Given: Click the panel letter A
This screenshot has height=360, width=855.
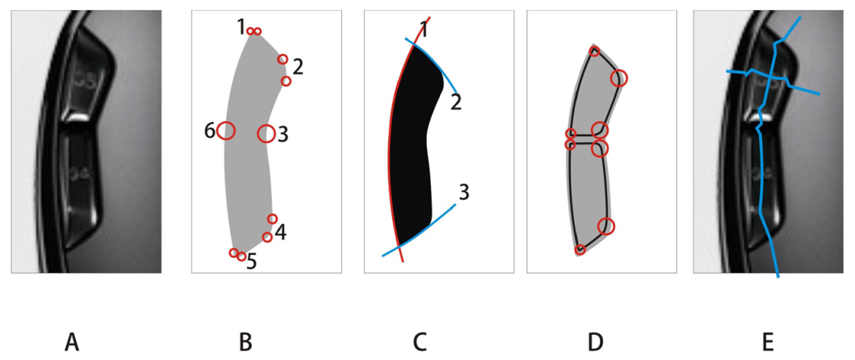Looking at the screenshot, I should click(72, 342).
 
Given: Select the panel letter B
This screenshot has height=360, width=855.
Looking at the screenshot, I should click(245, 342).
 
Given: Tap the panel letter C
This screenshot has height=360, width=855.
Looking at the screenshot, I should click(420, 342).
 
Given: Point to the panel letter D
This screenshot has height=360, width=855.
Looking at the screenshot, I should click(595, 342).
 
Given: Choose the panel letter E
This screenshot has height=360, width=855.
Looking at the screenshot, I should click(767, 342).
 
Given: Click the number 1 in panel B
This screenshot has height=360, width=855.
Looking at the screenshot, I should click(241, 27).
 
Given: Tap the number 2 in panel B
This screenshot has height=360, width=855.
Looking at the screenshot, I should click(298, 66).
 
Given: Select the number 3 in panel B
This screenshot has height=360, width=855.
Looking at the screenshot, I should click(282, 135).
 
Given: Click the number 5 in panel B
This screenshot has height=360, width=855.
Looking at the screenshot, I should click(251, 261).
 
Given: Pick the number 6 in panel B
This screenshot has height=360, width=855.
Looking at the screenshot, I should click(210, 131).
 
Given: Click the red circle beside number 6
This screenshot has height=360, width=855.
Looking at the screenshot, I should click(226, 131).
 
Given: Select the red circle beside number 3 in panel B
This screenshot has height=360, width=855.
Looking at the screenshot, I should click(266, 134).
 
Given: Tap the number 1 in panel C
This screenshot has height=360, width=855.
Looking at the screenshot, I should click(424, 30).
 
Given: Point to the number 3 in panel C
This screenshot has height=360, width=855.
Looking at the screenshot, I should click(465, 191).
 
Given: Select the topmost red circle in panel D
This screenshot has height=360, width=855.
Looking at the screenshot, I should click(595, 52).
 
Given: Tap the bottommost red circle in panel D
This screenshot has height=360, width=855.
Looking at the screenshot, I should click(580, 250).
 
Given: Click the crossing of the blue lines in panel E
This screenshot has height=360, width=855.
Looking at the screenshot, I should click(770, 77).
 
